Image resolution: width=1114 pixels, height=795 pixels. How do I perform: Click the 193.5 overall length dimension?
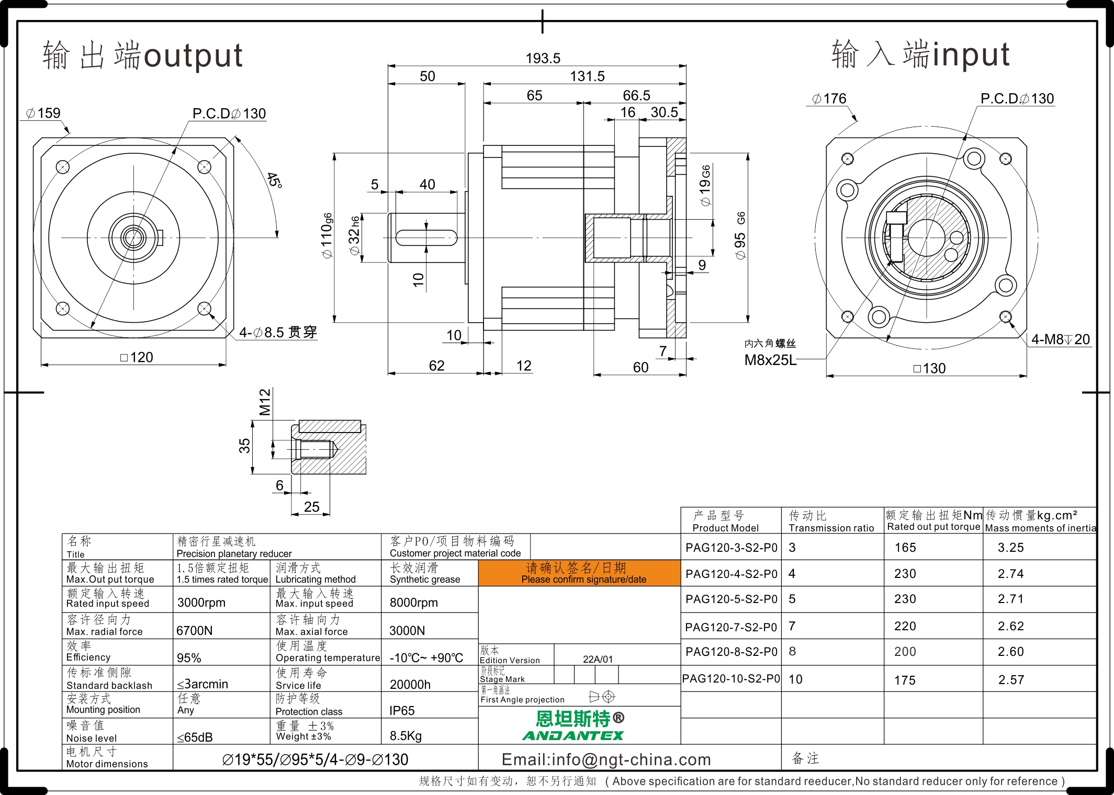coord(543,58)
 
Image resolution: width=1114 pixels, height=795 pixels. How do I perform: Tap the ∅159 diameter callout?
coord(43,113)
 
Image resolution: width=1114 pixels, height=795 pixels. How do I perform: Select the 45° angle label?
coord(274,180)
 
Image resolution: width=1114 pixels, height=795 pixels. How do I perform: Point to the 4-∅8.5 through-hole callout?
coord(278,332)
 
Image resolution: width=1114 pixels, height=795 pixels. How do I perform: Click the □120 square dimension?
coord(137,357)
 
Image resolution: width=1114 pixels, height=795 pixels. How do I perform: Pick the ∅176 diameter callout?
coord(829,98)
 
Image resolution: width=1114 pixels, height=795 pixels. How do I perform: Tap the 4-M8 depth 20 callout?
coord(1060,339)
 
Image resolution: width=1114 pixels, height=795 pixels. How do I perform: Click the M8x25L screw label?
coord(770,360)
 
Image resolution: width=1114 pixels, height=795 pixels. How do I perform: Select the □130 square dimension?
coord(929,368)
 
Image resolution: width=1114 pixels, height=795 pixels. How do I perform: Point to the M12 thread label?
coord(265,402)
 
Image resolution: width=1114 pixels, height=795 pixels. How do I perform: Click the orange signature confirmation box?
coord(579,573)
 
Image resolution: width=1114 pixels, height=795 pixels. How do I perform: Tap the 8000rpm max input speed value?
coord(413,603)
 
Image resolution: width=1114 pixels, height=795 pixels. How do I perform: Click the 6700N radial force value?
coord(194,631)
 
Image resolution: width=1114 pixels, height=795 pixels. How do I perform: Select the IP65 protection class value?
coord(402,711)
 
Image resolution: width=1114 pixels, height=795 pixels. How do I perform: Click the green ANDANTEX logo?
coord(573,735)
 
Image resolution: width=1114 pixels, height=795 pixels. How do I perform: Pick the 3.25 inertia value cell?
coord(1010,548)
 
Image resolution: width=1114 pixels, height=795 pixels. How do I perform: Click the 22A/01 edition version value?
coord(598,660)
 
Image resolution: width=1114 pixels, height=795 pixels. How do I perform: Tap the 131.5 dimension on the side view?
coord(587,76)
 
